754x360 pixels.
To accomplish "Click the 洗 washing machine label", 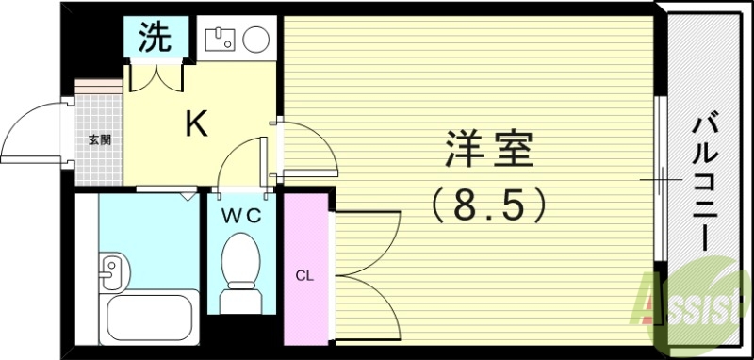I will point(155,39).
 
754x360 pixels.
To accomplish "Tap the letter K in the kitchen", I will point(195,123).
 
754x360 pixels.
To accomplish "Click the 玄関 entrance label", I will point(100,140).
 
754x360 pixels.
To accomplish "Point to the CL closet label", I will point(304,276).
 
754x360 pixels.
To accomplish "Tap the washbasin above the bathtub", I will point(113,273).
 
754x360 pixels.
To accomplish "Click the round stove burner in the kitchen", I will point(254,40).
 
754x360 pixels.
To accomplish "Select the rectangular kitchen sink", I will point(220,40).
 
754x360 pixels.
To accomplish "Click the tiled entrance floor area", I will point(100,155).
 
